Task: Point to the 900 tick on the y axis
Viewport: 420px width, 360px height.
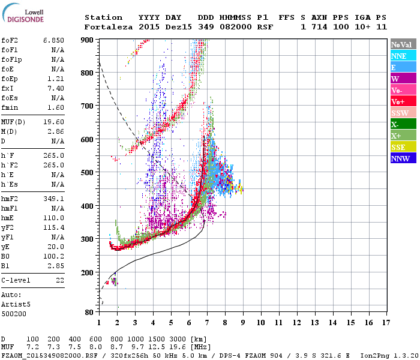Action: click(x=88, y=40)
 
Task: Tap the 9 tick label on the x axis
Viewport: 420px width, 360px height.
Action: click(x=243, y=323)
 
